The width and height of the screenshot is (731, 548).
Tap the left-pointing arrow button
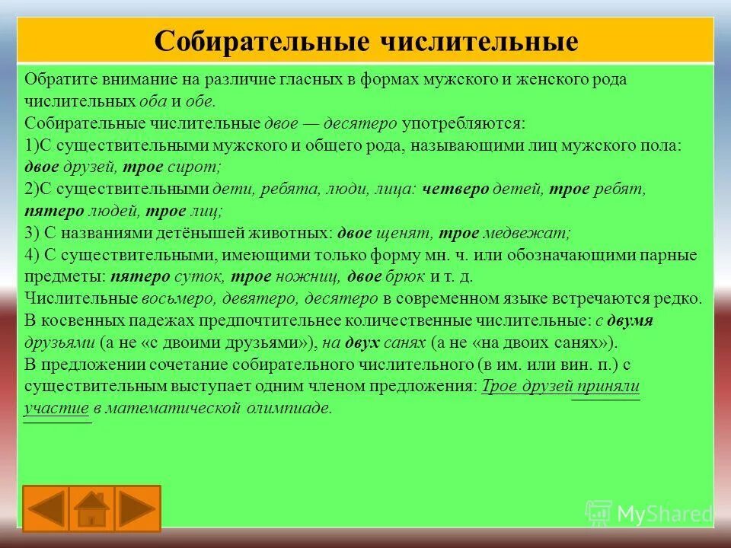(x=46, y=508)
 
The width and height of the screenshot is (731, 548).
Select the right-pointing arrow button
(x=138, y=508)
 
